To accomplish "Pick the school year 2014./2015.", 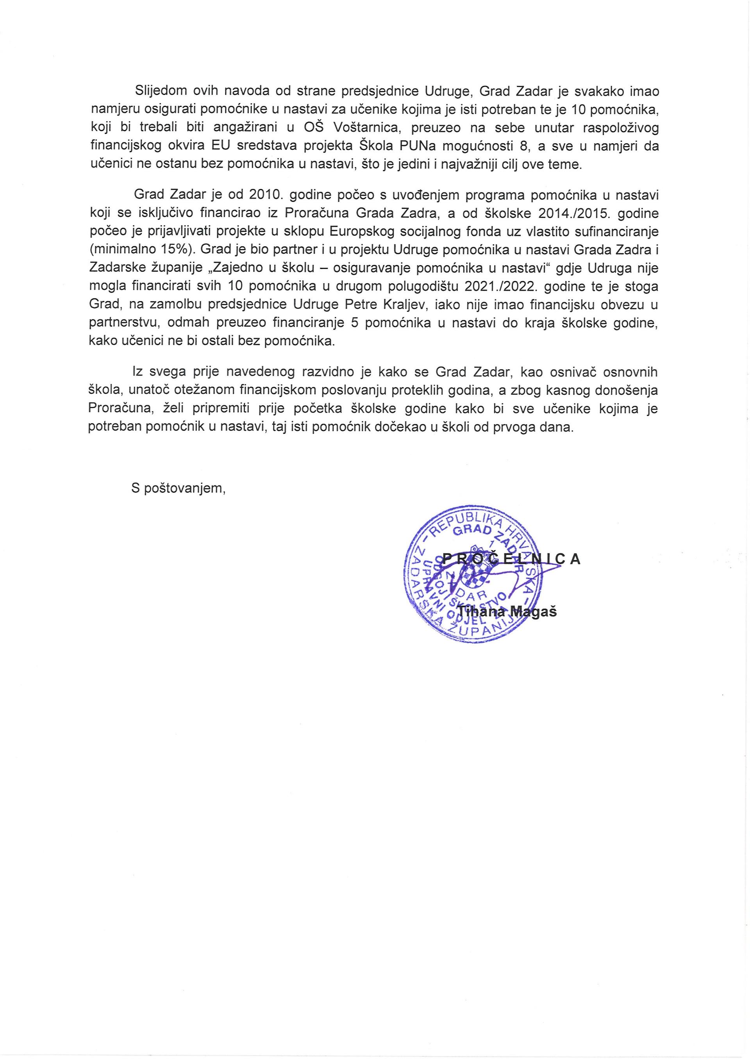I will pos(573,214).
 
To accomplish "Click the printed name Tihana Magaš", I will pos(507,612).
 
